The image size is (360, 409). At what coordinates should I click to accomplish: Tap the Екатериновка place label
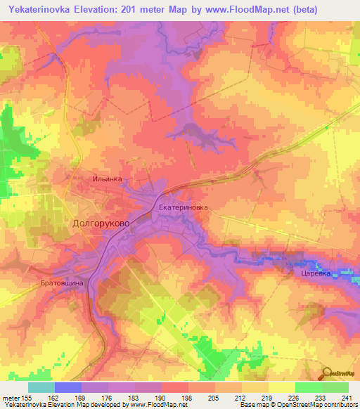point(184,208)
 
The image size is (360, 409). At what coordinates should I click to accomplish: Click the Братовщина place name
point(62,282)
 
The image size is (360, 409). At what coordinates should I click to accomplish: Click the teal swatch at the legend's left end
point(41,387)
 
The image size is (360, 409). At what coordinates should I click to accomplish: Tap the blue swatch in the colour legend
point(68,387)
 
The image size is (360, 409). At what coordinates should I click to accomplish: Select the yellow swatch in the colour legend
point(281,387)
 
